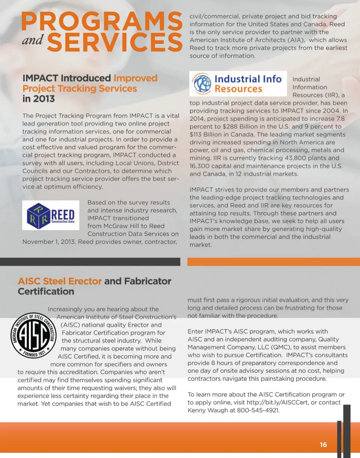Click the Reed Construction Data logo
pyautogui.click(x=51, y=215)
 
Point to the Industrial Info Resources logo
pyautogui.click(x=238, y=84)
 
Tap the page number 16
pyautogui.click(x=323, y=445)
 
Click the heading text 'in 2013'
pyautogui.click(x=39, y=99)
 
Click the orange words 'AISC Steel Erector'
pyautogui.click(x=60, y=281)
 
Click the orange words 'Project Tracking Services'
pyautogui.click(x=79, y=89)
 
